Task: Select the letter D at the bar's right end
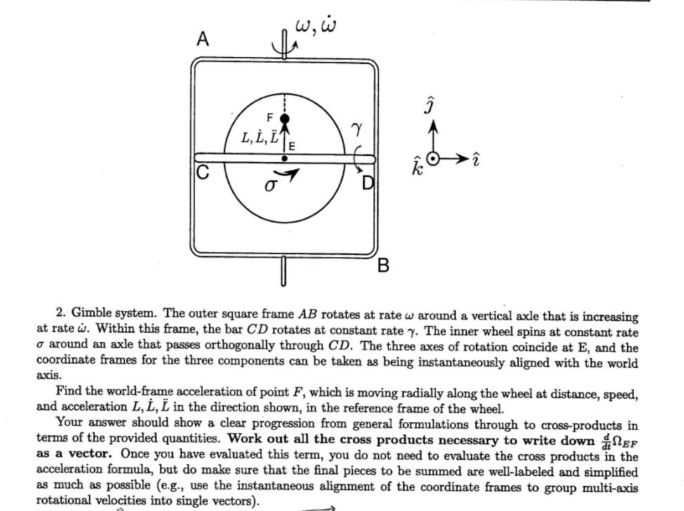(365, 185)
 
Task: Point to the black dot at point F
(284, 119)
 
